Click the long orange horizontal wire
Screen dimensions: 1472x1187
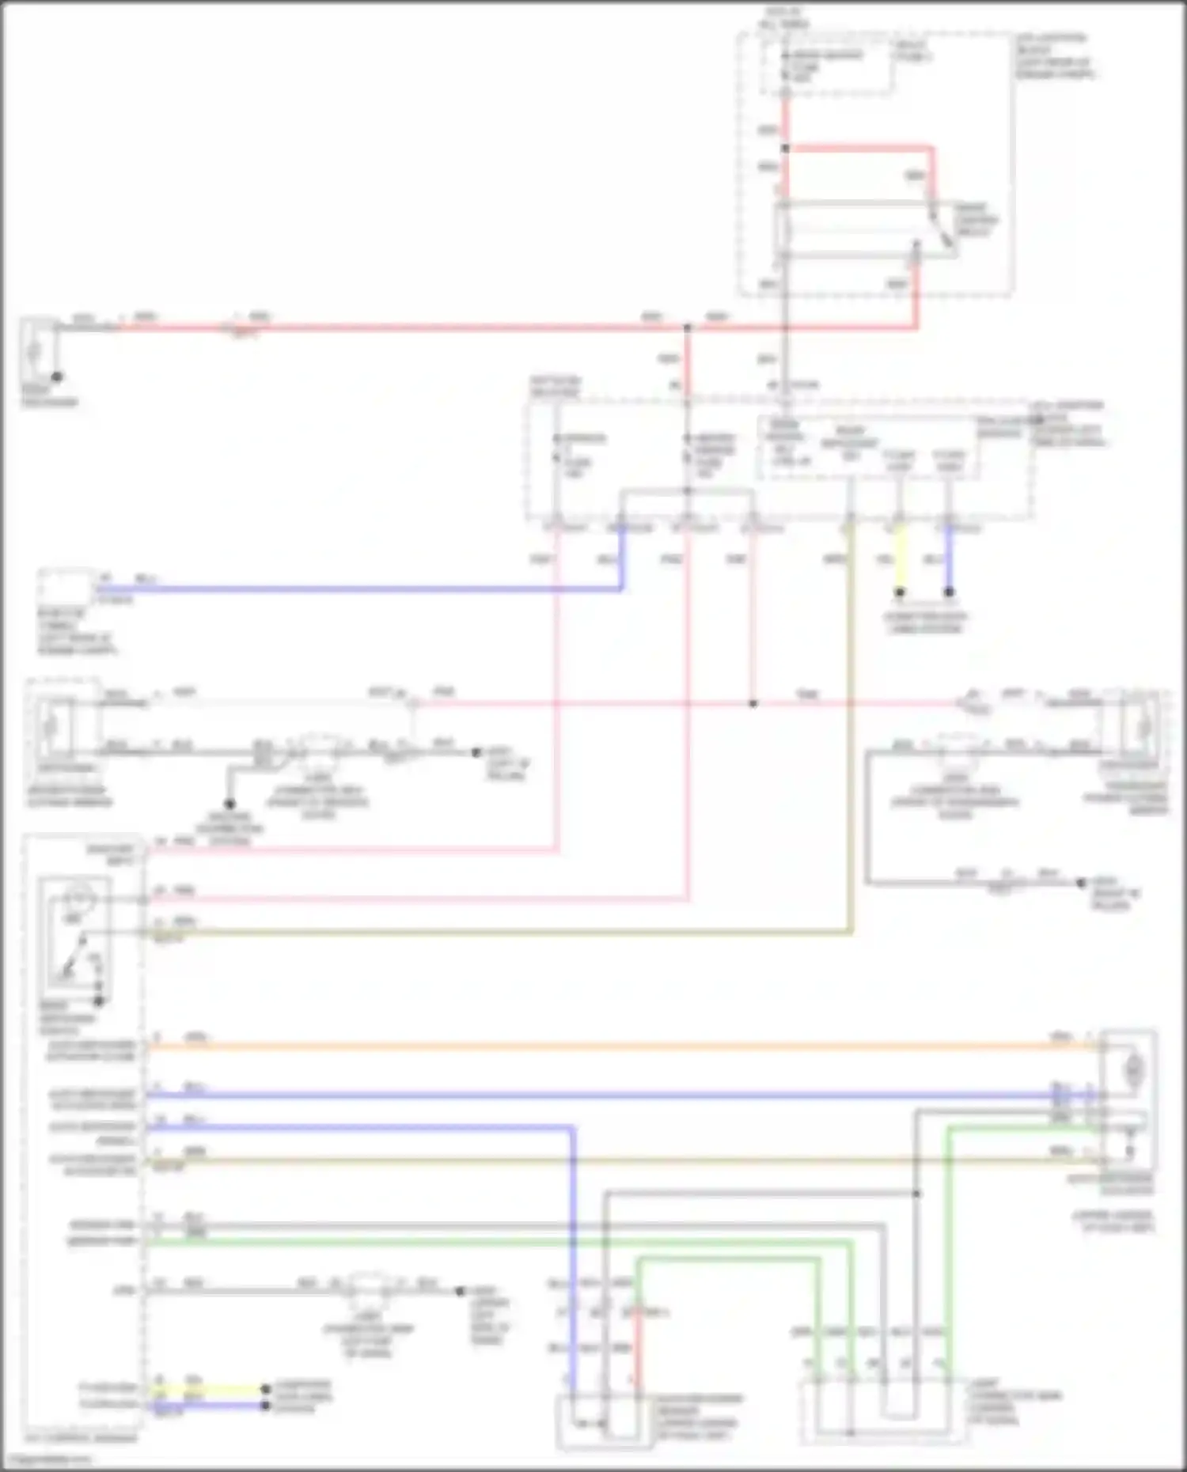[x=601, y=1046]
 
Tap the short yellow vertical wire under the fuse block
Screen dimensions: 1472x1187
[x=900, y=560]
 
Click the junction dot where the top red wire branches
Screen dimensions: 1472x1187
[x=786, y=148]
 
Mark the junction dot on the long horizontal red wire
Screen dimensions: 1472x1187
[x=687, y=327]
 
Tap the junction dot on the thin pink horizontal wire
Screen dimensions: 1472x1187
[x=753, y=703]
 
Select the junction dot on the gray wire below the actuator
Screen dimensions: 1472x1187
[x=916, y=1193]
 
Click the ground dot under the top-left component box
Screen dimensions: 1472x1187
[x=57, y=377]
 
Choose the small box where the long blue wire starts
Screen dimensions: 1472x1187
[x=65, y=588]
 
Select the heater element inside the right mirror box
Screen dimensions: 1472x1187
[x=1142, y=724]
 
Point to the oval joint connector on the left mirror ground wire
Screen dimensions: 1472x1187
[x=319, y=747]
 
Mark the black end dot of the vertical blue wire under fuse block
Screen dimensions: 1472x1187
[x=949, y=592]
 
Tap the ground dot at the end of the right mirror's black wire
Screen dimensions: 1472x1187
[x=1081, y=883]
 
